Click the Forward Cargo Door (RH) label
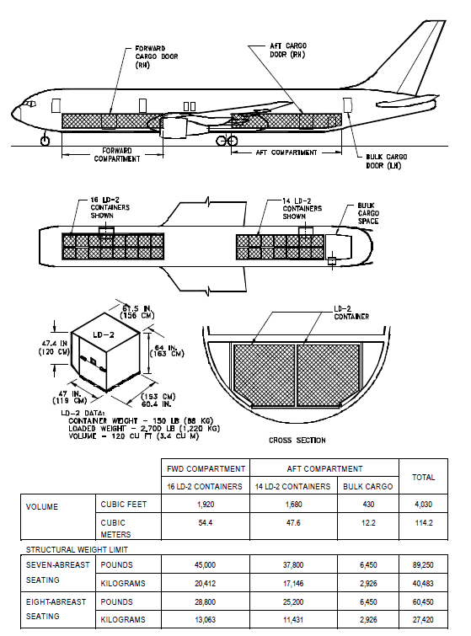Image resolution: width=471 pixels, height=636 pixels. point(157,56)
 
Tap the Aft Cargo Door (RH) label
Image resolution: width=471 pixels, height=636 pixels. point(288,50)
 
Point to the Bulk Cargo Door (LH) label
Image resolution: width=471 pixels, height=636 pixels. point(386,161)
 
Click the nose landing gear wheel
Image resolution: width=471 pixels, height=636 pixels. point(45,141)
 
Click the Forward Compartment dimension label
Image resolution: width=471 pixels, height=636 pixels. point(117,154)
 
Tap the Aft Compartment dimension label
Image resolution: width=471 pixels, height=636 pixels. point(286,152)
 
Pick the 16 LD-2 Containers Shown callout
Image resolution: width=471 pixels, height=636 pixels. point(110,208)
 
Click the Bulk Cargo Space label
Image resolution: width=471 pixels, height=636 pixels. point(368,213)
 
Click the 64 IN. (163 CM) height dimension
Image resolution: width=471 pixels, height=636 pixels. point(167,350)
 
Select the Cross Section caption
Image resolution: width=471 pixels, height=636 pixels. point(297,440)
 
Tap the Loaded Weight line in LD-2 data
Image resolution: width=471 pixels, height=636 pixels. point(144,428)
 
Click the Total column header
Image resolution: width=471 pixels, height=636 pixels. point(423,478)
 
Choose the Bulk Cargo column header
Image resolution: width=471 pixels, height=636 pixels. point(368,486)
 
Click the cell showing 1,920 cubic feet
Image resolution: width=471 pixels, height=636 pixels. point(206,505)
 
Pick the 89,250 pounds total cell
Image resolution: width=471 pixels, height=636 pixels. point(423,564)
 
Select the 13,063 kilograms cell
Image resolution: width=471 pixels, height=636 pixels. point(206,619)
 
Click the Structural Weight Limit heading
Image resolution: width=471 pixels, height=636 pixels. point(77,549)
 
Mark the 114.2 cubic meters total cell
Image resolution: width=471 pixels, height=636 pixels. point(424,523)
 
